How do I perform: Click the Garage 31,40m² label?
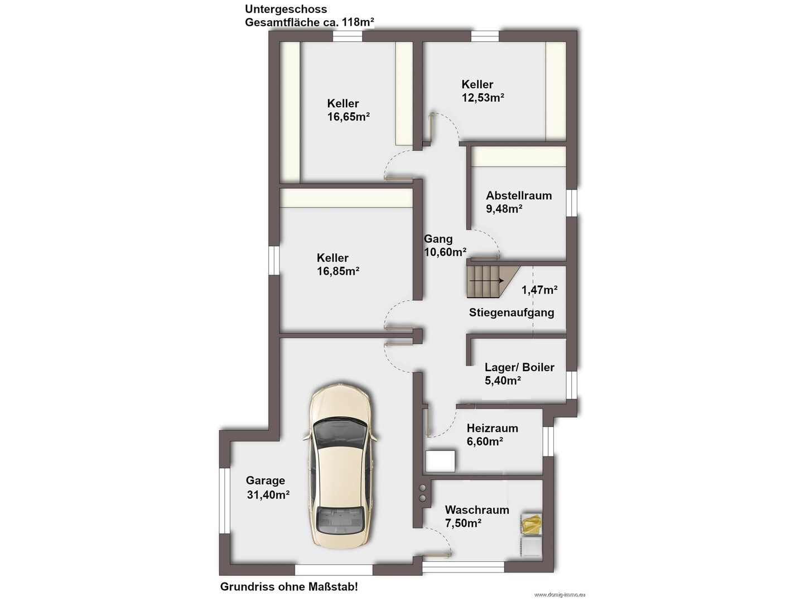(268, 488)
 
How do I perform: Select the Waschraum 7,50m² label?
(476, 516)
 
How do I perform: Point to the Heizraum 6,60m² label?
(492, 435)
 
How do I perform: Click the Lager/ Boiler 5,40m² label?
(519, 374)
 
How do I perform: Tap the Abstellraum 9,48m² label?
(518, 202)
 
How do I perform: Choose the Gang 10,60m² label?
(445, 245)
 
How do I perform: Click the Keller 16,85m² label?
(338, 265)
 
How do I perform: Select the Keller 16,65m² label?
(348, 110)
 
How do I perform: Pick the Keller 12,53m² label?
(483, 91)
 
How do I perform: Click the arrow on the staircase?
(486, 281)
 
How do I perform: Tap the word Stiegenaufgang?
(512, 312)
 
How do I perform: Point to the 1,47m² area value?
(539, 290)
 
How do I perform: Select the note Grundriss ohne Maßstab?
(288, 586)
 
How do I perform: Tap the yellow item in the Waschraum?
(531, 524)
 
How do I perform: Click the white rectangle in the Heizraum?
(441, 461)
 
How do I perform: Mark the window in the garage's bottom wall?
(334, 570)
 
